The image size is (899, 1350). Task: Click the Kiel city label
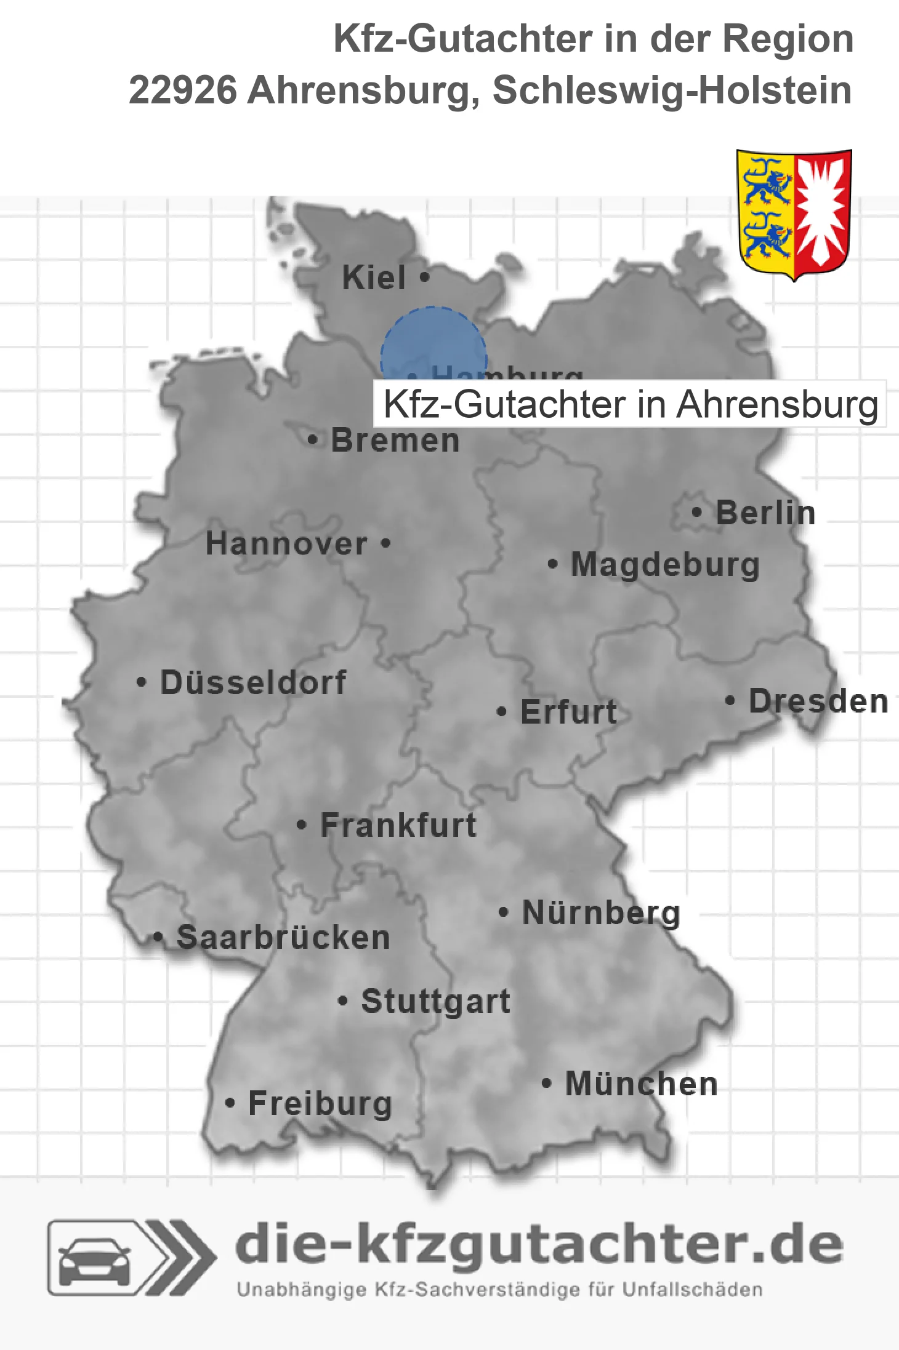374,278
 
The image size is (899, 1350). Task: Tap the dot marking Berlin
696,512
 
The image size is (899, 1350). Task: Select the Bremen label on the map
395,441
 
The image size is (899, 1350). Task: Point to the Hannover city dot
385,543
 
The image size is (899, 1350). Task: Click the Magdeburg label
665,565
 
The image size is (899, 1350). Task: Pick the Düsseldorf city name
253,682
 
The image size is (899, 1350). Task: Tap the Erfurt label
568,712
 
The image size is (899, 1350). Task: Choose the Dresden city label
818,701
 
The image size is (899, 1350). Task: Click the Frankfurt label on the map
398,825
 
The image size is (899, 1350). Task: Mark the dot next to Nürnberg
503,912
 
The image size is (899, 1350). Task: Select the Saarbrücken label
283,938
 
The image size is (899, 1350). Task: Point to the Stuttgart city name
435,1001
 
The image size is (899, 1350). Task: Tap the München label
641,1084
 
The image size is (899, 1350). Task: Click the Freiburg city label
320,1104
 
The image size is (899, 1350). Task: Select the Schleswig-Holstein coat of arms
794,214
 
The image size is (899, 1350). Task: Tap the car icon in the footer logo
94,1261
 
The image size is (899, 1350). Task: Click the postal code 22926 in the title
182,90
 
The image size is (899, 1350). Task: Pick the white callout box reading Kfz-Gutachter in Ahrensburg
629,404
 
